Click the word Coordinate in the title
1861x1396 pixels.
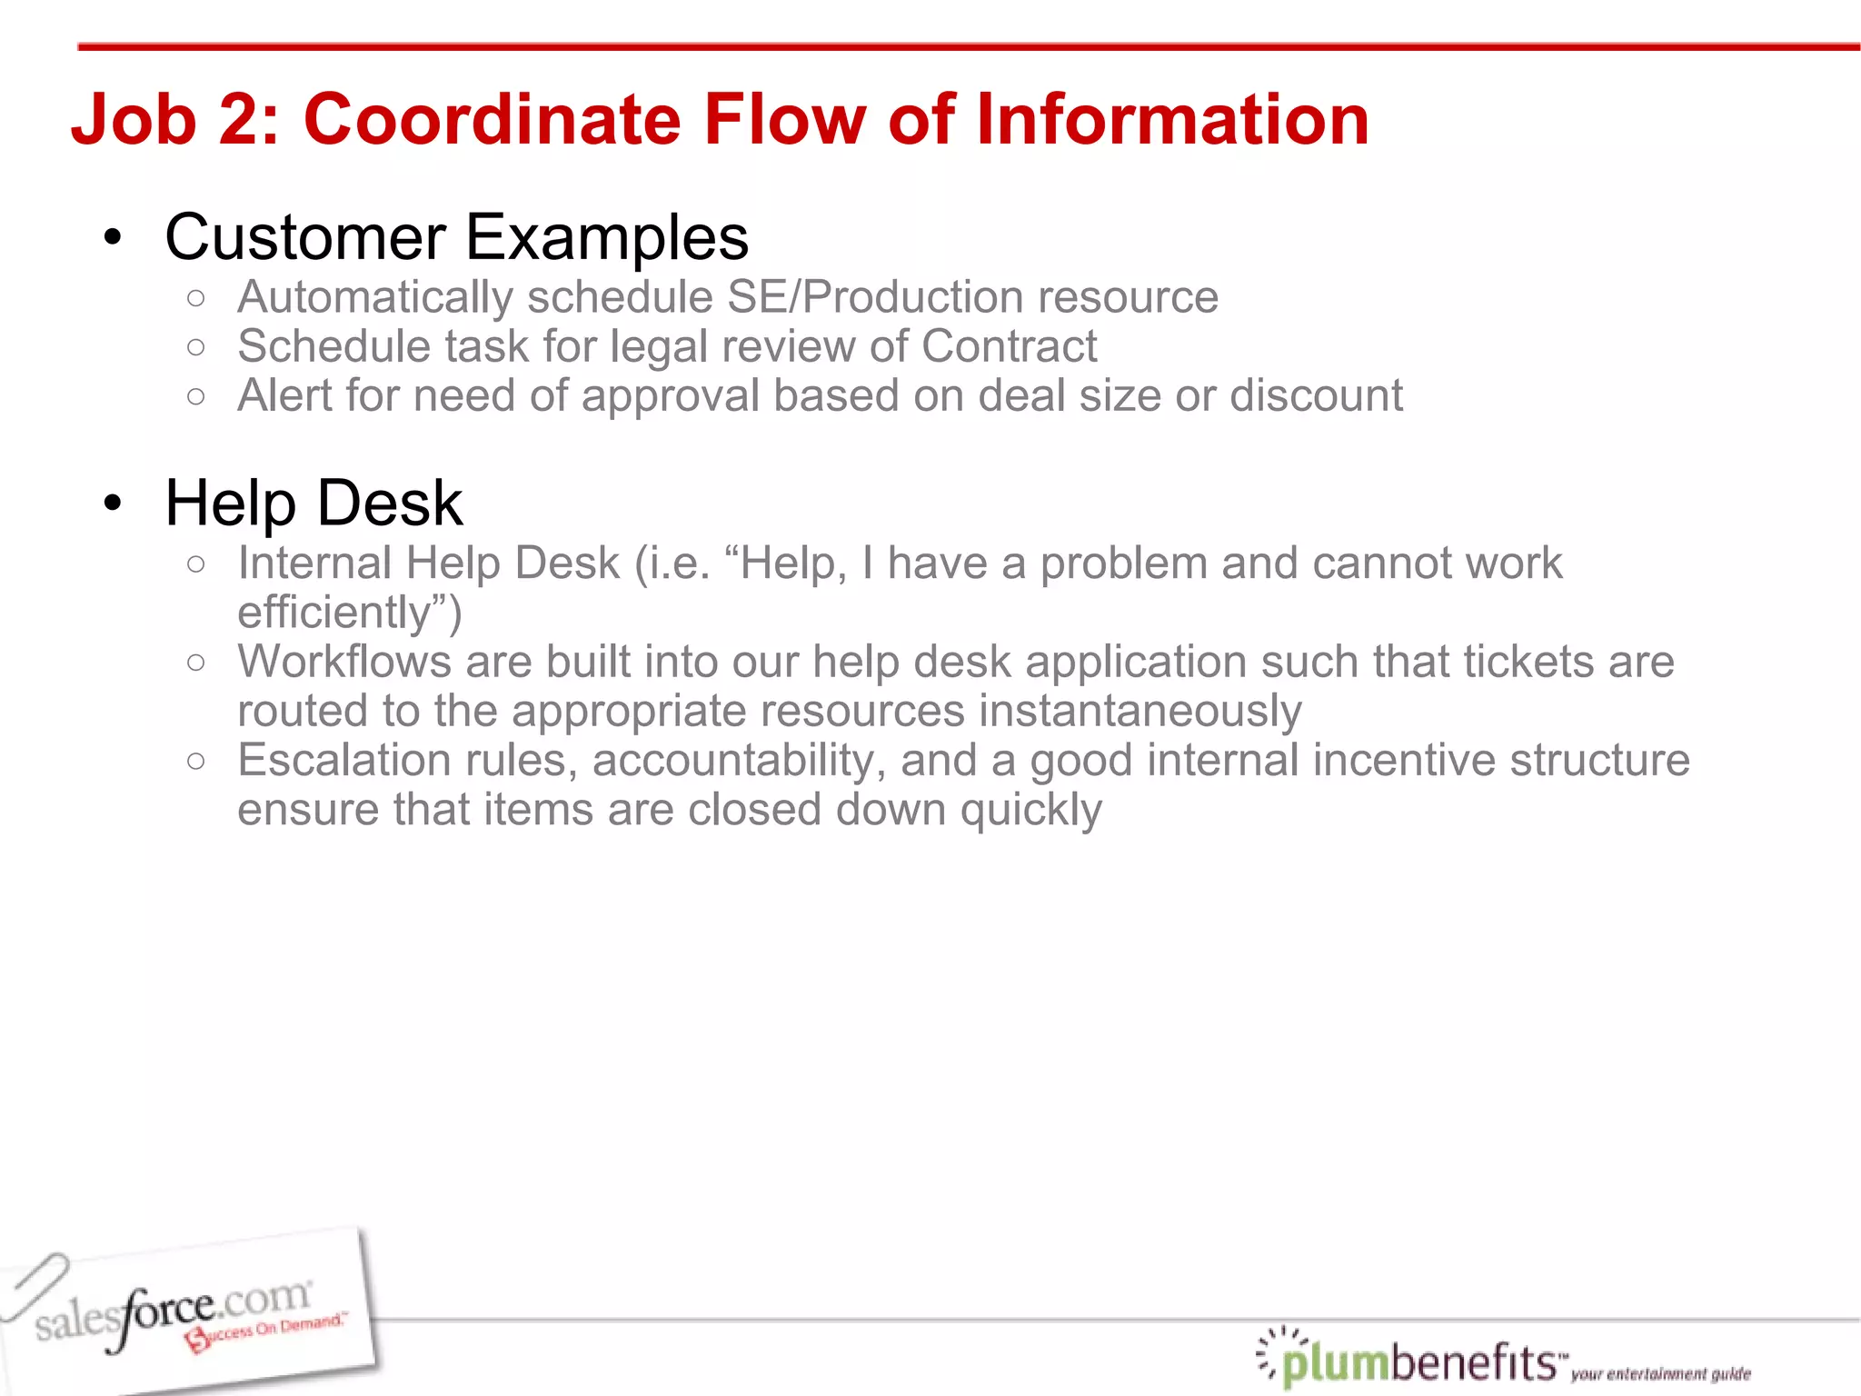[492, 120]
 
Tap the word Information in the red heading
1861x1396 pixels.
[1171, 120]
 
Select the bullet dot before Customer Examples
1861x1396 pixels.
[113, 238]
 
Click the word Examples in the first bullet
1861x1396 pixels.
[607, 238]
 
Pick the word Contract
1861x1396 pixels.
[1009, 346]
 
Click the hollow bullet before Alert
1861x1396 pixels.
[195, 396]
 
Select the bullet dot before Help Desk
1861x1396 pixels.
[113, 504]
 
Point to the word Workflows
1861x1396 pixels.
[344, 662]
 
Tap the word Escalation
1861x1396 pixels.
[344, 761]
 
